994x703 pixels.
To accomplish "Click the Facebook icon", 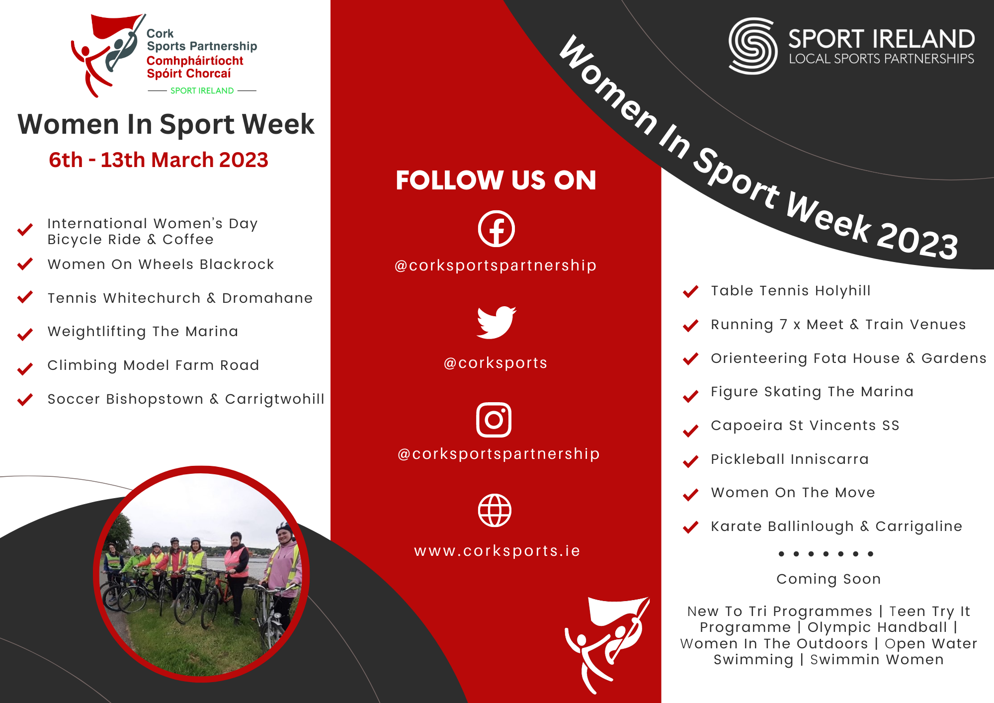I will coord(496,229).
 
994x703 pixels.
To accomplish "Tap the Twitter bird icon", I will coord(496,322).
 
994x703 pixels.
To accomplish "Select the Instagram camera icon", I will coord(494,420).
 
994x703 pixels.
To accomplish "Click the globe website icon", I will coord(495,510).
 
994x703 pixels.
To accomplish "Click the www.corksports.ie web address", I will coord(497,551).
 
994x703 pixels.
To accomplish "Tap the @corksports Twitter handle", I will coord(496,363).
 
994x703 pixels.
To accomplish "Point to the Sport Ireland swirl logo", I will coord(753,46).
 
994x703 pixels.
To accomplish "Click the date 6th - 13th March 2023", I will coord(159,160).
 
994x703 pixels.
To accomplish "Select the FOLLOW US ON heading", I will coord(496,180).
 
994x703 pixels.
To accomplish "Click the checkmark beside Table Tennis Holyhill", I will coord(691,291).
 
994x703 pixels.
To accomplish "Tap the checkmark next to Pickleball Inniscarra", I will coord(691,461).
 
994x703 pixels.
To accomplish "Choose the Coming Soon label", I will coord(828,579).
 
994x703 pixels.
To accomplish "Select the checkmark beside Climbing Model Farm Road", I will coord(25,368).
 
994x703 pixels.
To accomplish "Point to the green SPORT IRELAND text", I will coord(202,90).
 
